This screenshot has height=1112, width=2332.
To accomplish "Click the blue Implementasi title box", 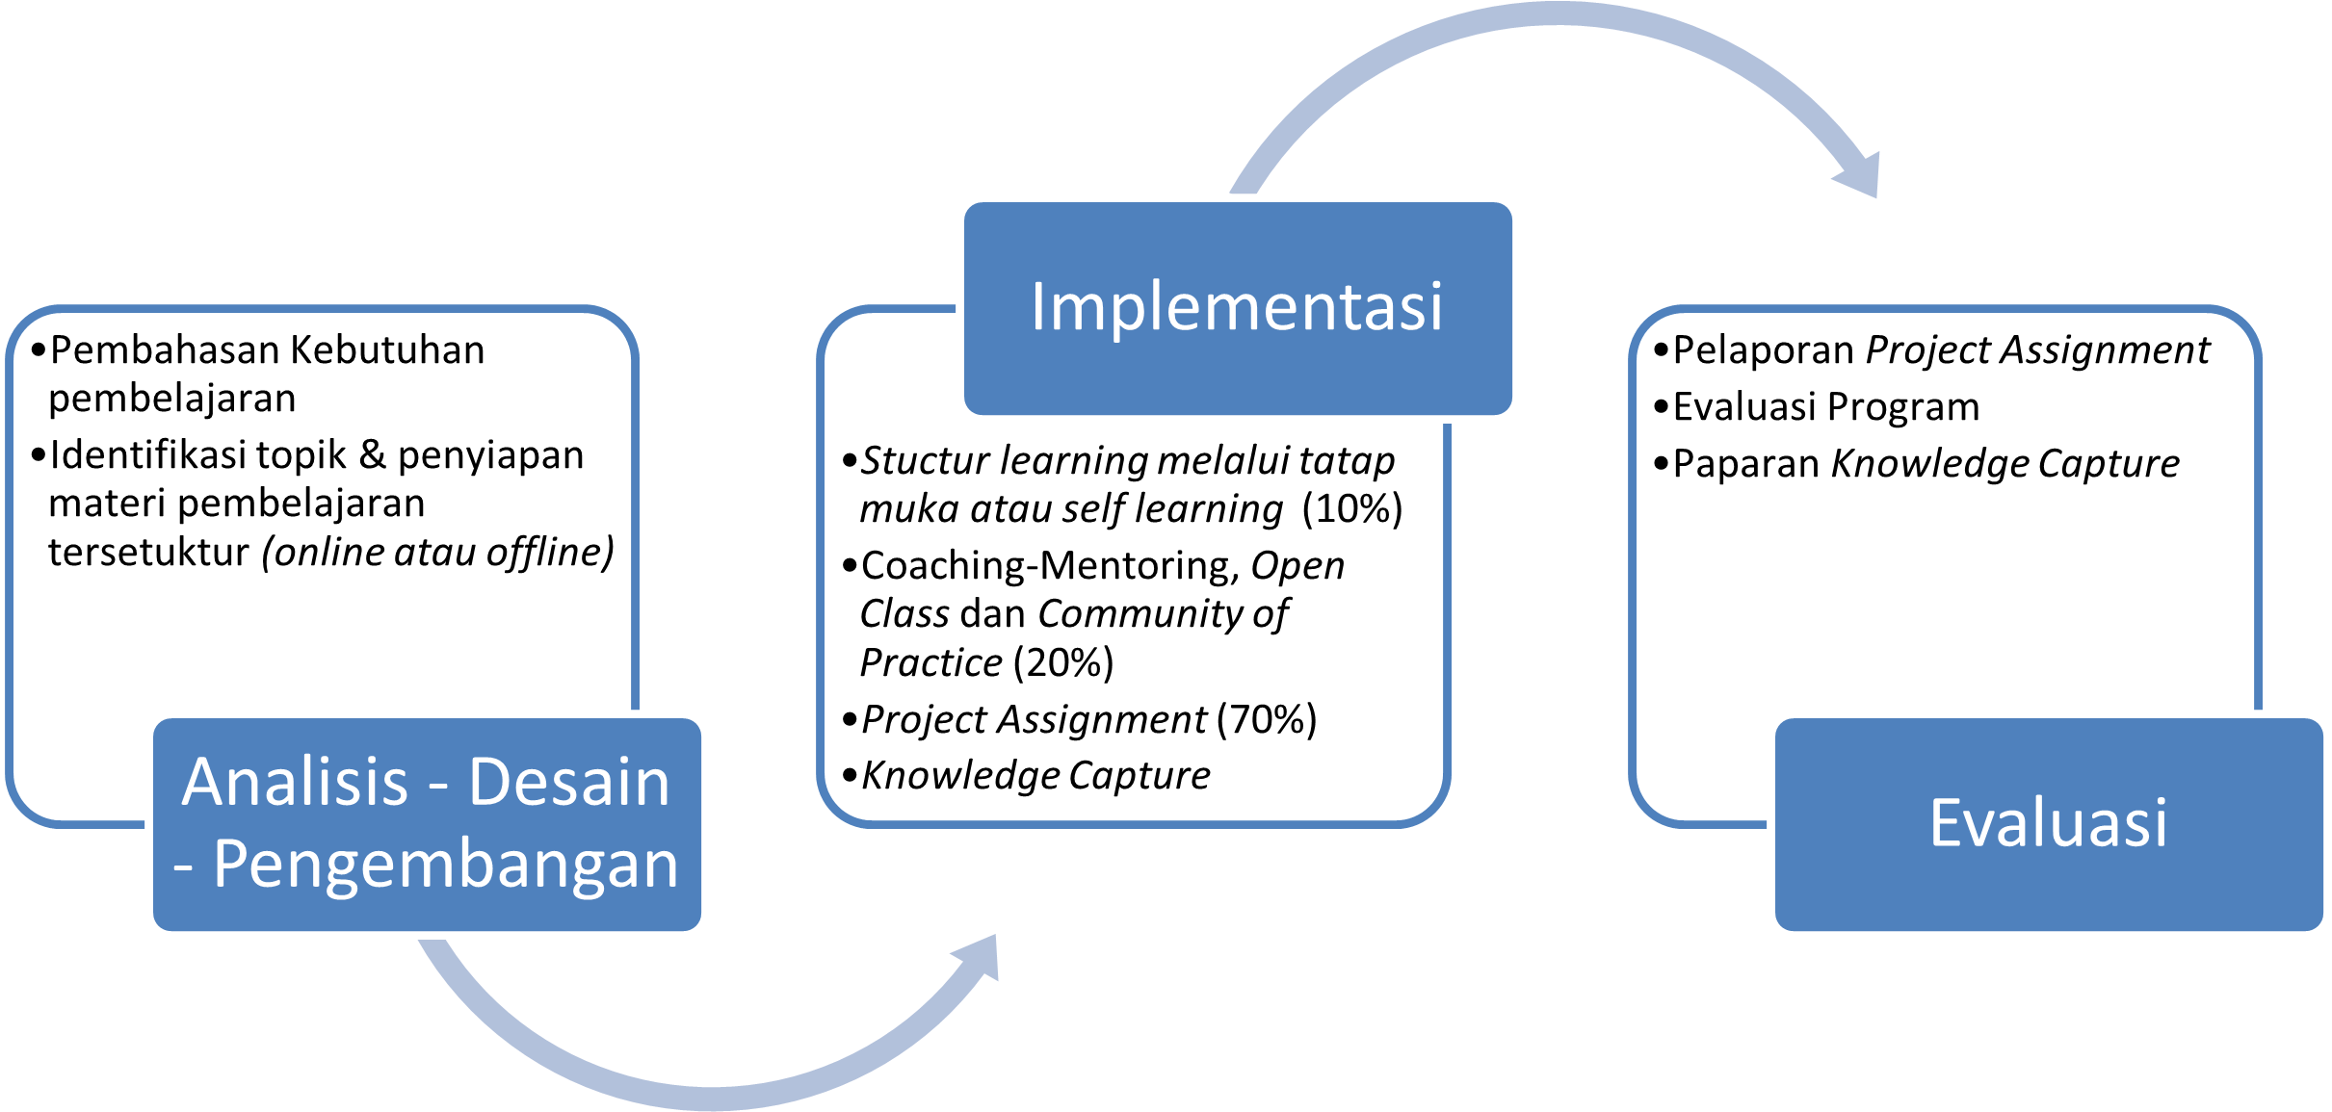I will pyautogui.click(x=1237, y=306).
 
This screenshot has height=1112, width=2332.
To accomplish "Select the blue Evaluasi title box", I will pyautogui.click(x=2048, y=824).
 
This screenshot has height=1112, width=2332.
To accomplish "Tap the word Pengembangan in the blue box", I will pyautogui.click(x=445, y=864).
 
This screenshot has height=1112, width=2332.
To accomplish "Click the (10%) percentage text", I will pyautogui.click(x=1351, y=508).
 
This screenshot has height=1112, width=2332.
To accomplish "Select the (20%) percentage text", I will pyautogui.click(x=1063, y=662).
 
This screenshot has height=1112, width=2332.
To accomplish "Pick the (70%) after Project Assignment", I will pyautogui.click(x=1266, y=719).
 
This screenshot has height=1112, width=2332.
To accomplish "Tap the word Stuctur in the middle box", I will pyautogui.click(x=924, y=461).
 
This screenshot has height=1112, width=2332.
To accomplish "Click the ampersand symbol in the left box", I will pyautogui.click(x=372, y=455).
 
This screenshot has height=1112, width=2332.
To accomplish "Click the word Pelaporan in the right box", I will pyautogui.click(x=1763, y=350).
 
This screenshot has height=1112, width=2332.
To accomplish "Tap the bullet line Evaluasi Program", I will pyautogui.click(x=1825, y=407).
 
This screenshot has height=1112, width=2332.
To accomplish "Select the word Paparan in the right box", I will pyautogui.click(x=1744, y=464).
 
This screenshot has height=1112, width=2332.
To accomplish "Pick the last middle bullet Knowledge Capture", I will pyautogui.click(x=1035, y=775).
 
